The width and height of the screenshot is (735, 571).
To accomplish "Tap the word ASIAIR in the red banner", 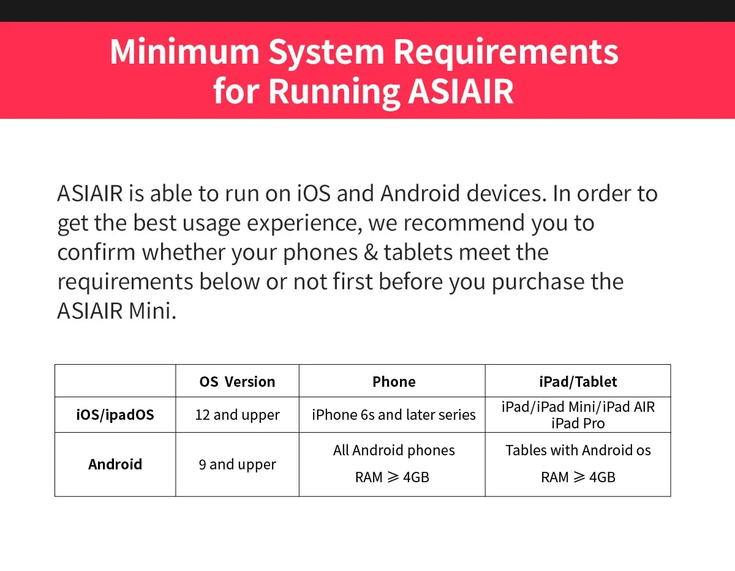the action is (x=461, y=91).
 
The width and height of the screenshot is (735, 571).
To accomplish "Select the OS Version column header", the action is (x=237, y=382).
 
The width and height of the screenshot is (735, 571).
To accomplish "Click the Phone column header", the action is (x=394, y=382).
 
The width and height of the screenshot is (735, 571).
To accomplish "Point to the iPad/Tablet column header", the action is (x=578, y=382).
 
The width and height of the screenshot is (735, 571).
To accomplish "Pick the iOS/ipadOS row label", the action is (x=115, y=414).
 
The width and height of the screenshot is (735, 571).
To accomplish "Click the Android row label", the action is (x=115, y=465).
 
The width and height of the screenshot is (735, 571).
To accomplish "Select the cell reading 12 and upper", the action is (x=237, y=415).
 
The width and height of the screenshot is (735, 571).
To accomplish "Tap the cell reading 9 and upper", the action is (x=237, y=465).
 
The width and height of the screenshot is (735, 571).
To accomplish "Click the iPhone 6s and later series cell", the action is (x=394, y=414).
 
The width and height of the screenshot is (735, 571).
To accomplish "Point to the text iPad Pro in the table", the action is (x=578, y=424).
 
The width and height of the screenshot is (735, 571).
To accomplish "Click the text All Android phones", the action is (x=394, y=450).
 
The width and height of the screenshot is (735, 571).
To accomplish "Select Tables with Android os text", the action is (x=578, y=450).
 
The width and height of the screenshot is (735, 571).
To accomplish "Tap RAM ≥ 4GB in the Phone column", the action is (x=392, y=477).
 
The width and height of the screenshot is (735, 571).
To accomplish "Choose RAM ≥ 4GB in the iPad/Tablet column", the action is (x=578, y=477).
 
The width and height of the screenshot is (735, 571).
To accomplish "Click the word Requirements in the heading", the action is (x=506, y=53).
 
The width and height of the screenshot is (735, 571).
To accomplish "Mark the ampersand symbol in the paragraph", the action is (x=371, y=253).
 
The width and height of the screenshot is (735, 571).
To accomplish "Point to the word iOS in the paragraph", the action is (x=314, y=193).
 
